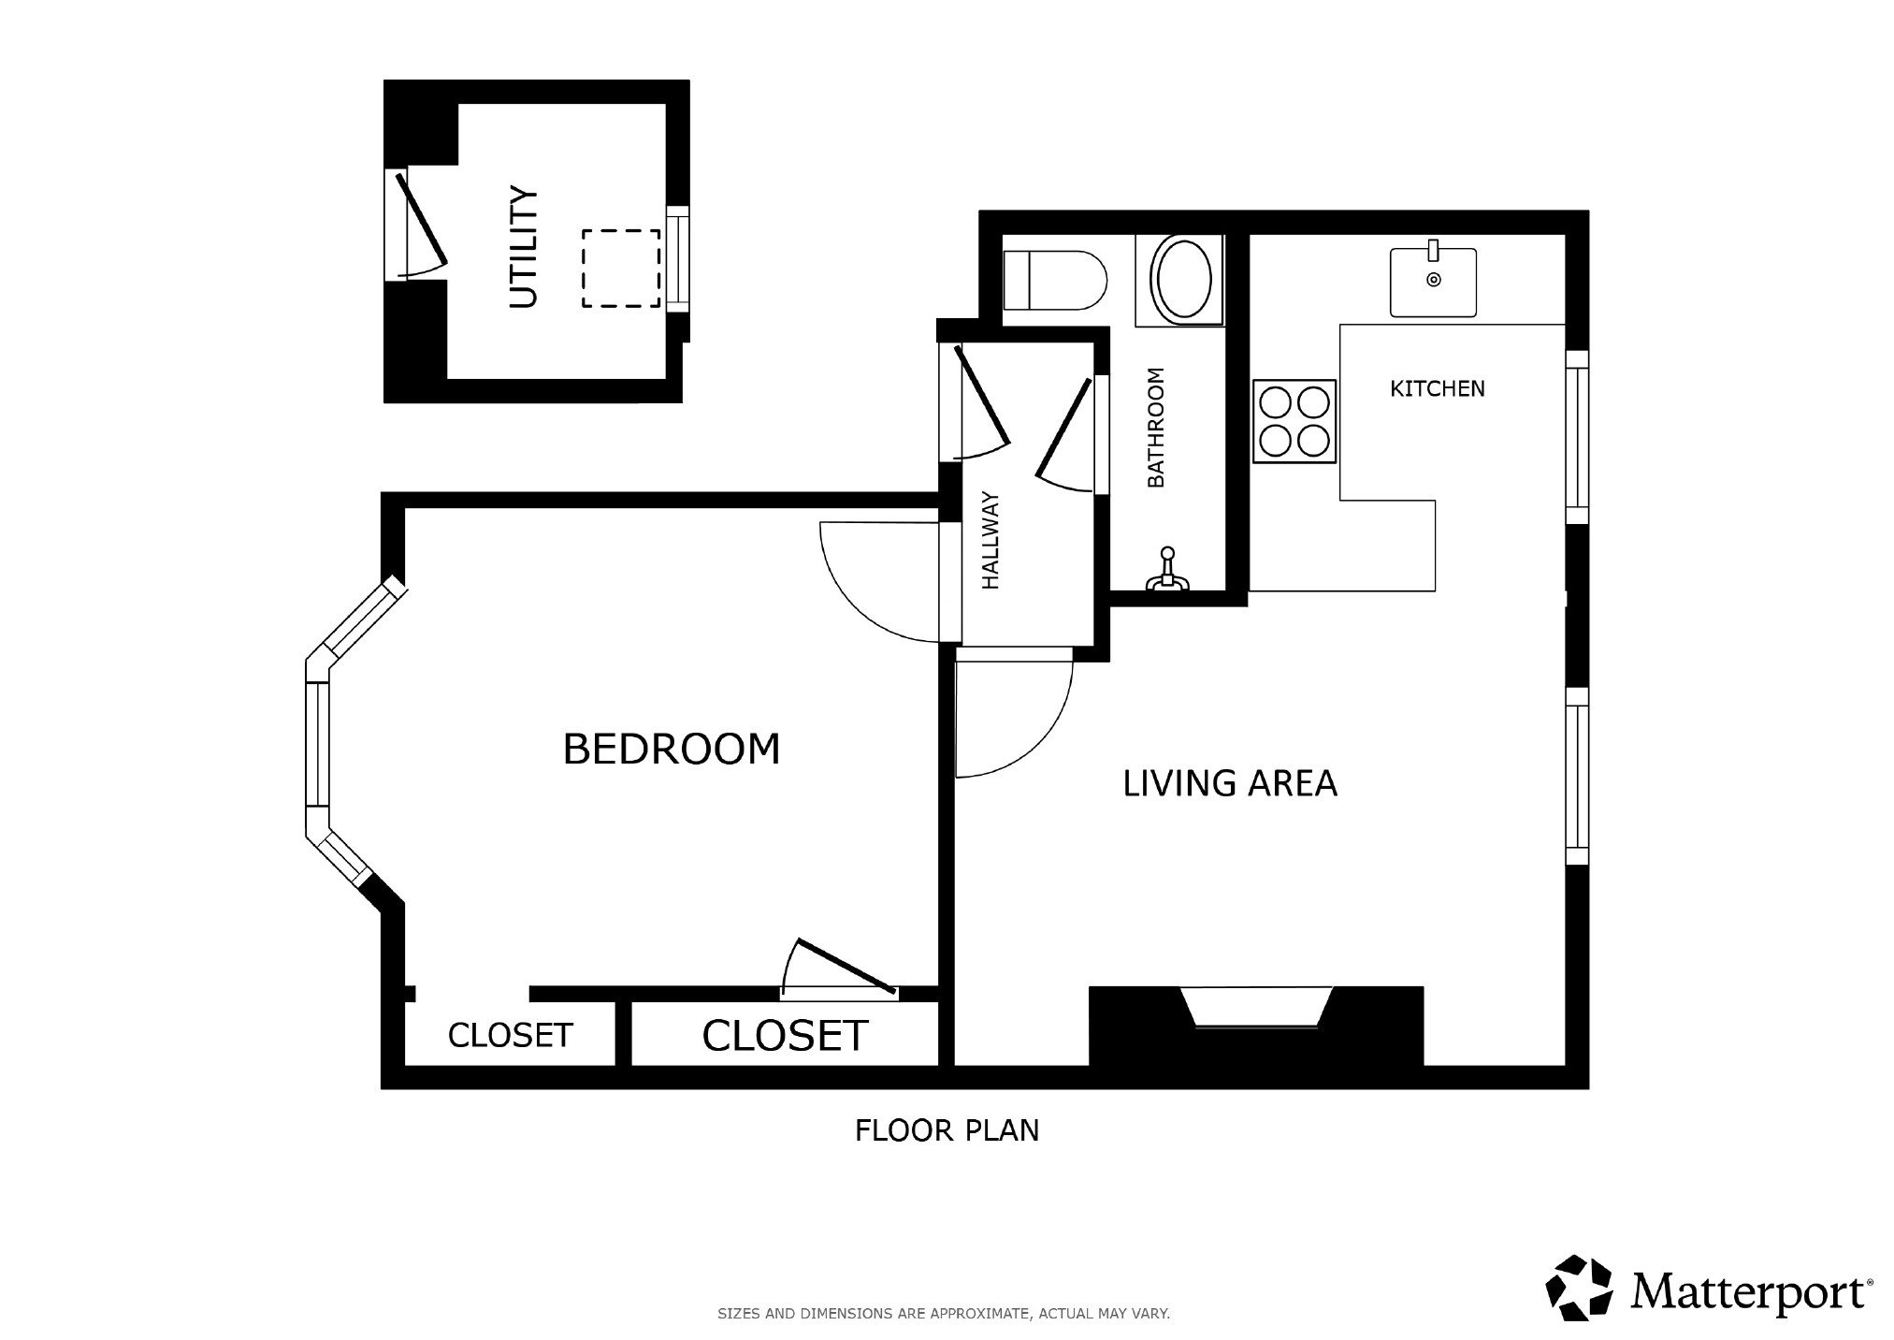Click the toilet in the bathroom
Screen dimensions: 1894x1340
[x=1054, y=281]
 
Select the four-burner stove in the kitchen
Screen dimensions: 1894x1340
[x=1294, y=422]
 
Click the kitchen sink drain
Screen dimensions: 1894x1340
[x=1433, y=279]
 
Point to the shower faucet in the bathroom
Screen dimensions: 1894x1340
[x=1167, y=570]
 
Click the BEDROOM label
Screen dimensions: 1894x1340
[x=672, y=749]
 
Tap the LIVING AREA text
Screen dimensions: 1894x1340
[x=1230, y=783]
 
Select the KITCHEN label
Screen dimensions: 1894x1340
[x=1438, y=388]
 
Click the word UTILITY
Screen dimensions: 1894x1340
[x=524, y=248]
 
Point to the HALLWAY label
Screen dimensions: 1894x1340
[x=991, y=541]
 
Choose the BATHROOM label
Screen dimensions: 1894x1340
[x=1156, y=428]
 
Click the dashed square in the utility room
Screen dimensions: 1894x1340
[x=621, y=269]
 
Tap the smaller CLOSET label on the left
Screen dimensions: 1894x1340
[x=510, y=1035]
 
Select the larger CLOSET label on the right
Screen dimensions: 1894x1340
[x=786, y=1036]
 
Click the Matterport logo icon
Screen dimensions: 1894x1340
[x=1580, y=1289]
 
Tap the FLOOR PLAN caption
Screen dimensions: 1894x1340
[x=947, y=1130]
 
